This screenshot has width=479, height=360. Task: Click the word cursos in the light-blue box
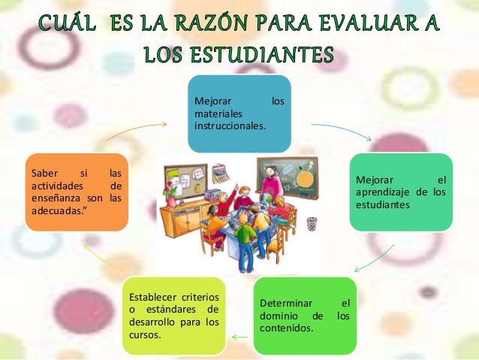(x=144, y=334)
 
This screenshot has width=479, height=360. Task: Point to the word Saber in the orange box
(x=43, y=173)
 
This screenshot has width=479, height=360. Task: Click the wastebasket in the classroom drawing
(x=312, y=223)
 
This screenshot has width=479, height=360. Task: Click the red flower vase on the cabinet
(x=170, y=197)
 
